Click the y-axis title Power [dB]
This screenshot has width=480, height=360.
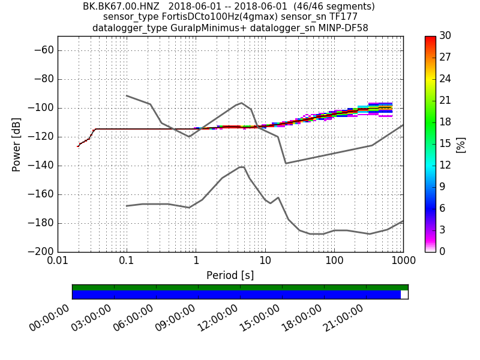16,144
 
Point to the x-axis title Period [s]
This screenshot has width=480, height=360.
230,275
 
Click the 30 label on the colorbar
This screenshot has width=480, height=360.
445,36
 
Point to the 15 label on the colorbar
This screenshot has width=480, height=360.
445,144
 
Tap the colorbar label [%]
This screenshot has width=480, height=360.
461,144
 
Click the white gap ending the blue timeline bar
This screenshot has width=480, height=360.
404,295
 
